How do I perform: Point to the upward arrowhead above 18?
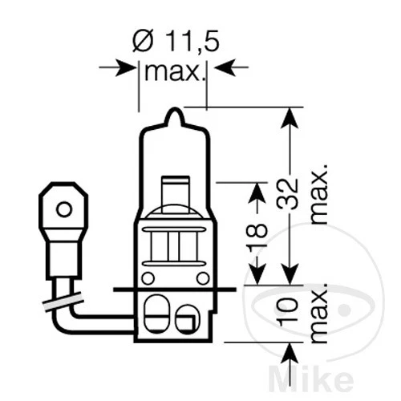click(x=257, y=192)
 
